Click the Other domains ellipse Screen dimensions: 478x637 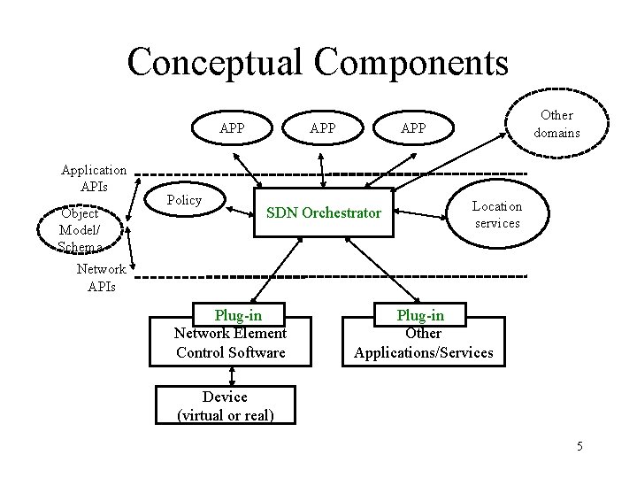click(556, 124)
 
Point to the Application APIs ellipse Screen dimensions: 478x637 click(93, 179)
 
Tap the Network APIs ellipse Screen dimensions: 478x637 click(101, 277)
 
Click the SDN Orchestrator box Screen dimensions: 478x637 click(324, 212)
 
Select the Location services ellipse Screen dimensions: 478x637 click(497, 213)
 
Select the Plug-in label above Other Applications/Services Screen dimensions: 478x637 click(420, 315)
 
